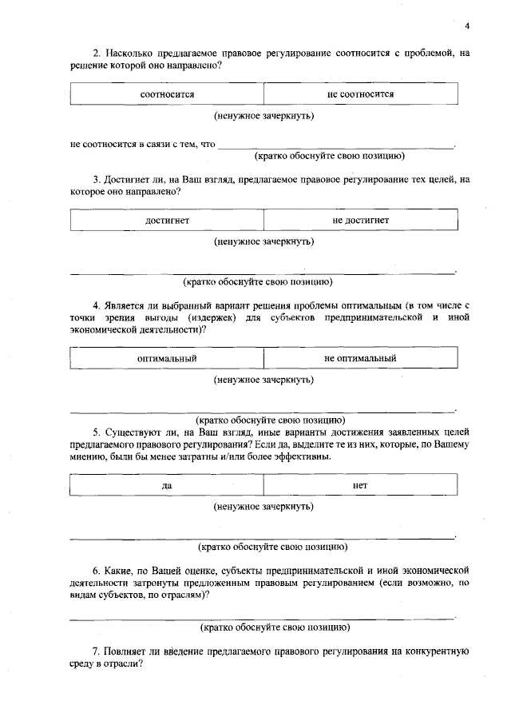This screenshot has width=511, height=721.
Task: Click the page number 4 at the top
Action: pyautogui.click(x=467, y=26)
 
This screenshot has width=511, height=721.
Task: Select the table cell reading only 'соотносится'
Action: pyautogui.click(x=167, y=94)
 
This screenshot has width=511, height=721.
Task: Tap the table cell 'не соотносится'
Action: pyautogui.click(x=360, y=94)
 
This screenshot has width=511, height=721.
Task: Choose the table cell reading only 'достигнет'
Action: pyautogui.click(x=167, y=219)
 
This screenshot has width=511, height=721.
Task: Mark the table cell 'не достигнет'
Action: pyautogui.click(x=360, y=219)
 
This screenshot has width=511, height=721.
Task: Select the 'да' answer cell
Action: pyautogui.click(x=167, y=485)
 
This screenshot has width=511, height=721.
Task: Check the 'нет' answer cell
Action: pyautogui.click(x=360, y=485)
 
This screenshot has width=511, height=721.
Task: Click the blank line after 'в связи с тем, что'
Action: pyautogui.click(x=335, y=145)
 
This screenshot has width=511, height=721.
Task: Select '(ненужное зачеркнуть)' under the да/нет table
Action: pyautogui.click(x=263, y=506)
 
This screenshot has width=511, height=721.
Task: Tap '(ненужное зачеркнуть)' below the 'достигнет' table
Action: pyautogui.click(x=263, y=241)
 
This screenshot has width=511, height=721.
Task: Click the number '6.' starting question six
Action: pyautogui.click(x=97, y=571)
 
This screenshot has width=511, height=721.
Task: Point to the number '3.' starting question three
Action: pyautogui.click(x=97, y=181)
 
